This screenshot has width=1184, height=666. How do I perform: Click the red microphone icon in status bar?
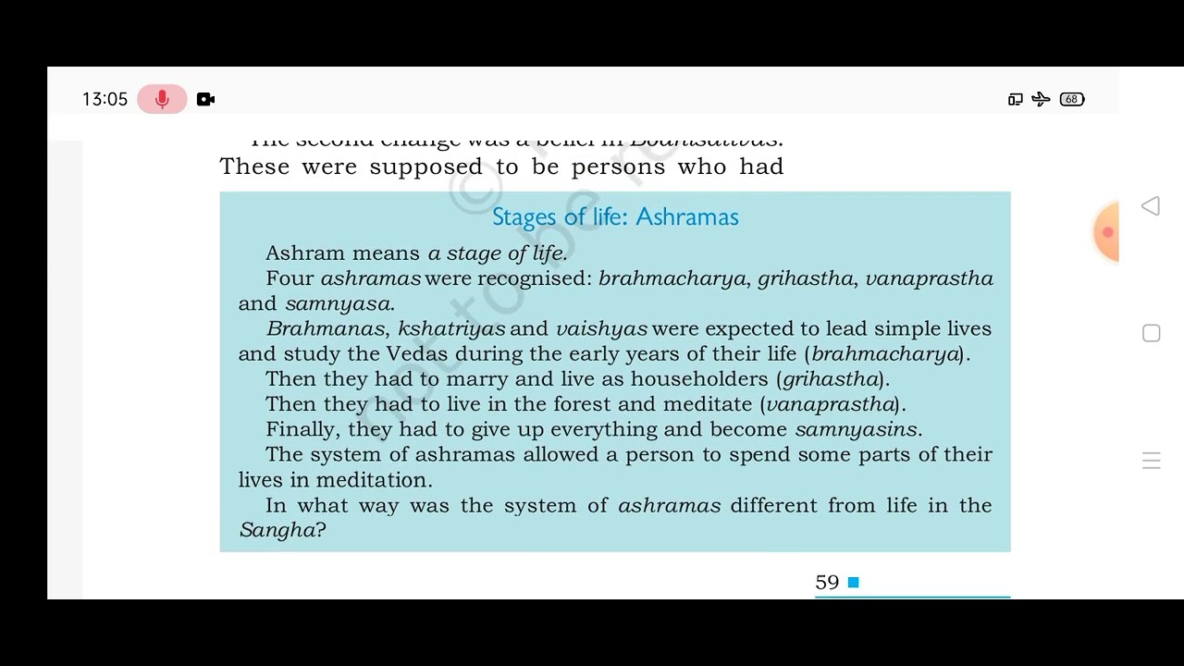[x=162, y=99]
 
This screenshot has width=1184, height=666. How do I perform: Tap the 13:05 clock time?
[x=105, y=99]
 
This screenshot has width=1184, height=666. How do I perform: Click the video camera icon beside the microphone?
[x=205, y=99]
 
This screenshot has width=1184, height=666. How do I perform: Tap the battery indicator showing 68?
[x=1071, y=99]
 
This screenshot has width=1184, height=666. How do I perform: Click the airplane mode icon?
[x=1041, y=99]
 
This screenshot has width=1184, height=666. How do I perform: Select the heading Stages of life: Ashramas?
[x=615, y=216]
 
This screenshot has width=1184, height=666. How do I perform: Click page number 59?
[x=827, y=582]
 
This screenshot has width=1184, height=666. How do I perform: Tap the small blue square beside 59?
[x=854, y=582]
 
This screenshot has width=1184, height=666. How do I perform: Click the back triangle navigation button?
[x=1151, y=205]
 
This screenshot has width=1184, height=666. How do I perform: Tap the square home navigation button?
[x=1151, y=333]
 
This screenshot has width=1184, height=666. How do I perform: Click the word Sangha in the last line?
[x=277, y=530]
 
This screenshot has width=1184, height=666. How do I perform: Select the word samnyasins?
[x=856, y=429]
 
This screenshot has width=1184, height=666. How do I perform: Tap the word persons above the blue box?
[x=618, y=166]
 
